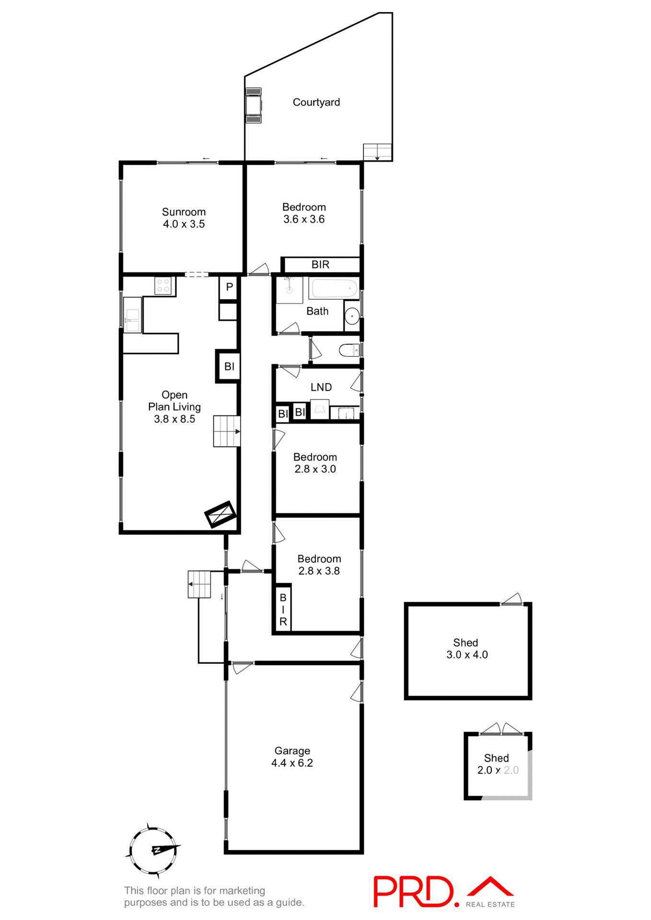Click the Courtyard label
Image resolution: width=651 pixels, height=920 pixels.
[x=316, y=102]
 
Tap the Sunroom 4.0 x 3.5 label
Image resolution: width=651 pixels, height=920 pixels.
[x=184, y=218]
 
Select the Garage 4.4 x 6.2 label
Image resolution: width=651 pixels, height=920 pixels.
[x=292, y=757]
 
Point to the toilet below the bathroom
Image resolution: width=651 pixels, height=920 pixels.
[x=349, y=351]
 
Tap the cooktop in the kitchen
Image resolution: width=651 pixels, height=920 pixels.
[x=163, y=286]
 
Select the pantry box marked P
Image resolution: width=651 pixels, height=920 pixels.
[x=229, y=287]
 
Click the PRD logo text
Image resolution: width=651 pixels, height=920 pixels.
[x=413, y=891]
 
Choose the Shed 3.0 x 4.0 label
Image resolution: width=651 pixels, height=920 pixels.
[x=467, y=648]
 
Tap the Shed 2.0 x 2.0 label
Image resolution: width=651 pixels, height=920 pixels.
[x=497, y=764]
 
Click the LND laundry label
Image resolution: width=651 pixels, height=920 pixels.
[x=321, y=387]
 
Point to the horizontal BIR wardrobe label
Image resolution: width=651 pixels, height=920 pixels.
[x=320, y=264]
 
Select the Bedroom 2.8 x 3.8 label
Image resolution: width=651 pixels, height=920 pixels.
[x=319, y=564]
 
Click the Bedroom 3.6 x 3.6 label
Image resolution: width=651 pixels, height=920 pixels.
[x=304, y=213]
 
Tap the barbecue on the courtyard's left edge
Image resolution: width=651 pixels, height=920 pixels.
[x=253, y=105]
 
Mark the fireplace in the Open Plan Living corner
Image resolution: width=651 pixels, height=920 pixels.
[x=221, y=514]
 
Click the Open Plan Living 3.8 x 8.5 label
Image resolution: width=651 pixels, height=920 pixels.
[x=174, y=407]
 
